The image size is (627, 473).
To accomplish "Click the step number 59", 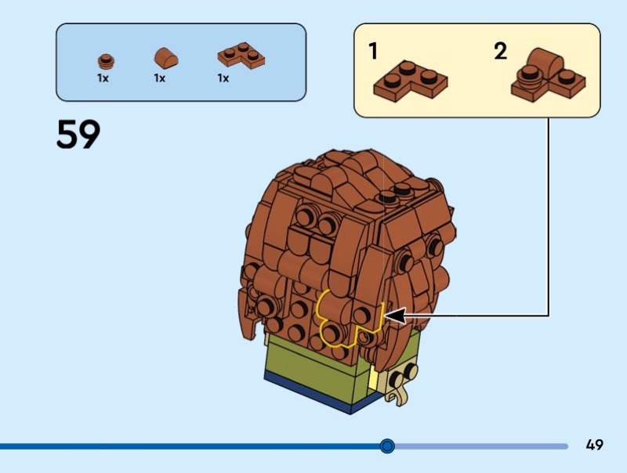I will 78,135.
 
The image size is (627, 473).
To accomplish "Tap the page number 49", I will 594,445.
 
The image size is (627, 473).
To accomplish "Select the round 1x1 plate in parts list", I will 105,60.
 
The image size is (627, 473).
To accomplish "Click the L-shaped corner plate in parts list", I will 241,57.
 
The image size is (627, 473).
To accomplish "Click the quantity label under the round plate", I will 103,78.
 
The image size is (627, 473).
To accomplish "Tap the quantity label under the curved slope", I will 160,78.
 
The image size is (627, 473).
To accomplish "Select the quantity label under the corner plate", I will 223,78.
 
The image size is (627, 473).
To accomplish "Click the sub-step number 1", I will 374,52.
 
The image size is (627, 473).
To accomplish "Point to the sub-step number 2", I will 500,52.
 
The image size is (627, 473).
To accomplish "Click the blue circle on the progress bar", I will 387,446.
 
